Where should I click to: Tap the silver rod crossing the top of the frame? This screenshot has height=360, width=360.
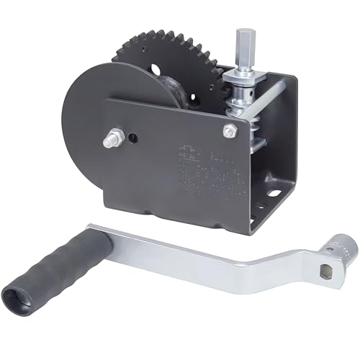click(266, 99)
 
